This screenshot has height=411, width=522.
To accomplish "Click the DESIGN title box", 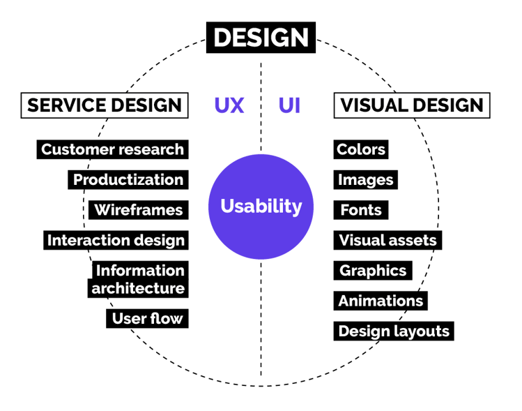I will [x=261, y=38].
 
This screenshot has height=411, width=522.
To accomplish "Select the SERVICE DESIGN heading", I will [x=105, y=105].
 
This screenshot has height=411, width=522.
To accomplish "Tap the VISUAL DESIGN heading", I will [x=412, y=105].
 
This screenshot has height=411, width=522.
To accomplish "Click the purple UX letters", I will [x=229, y=105].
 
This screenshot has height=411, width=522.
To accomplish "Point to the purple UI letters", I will [x=289, y=105].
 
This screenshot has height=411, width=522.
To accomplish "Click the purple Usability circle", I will [x=261, y=207].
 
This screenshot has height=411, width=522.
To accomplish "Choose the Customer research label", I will [x=112, y=149].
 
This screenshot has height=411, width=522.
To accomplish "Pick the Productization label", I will [x=128, y=180].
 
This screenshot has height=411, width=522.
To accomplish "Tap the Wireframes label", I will [x=138, y=210].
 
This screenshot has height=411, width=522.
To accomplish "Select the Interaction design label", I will [x=116, y=241].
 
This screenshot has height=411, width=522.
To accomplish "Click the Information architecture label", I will [x=139, y=279].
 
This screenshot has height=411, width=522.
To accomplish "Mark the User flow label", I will [x=148, y=319].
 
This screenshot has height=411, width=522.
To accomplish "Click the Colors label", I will [x=360, y=149].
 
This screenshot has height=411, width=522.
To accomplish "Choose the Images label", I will [x=365, y=180].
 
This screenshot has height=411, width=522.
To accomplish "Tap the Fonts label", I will [x=360, y=210].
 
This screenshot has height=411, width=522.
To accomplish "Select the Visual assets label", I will [x=387, y=241].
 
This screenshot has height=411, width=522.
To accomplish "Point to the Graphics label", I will [x=372, y=271].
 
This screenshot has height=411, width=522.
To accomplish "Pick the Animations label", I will [x=381, y=301].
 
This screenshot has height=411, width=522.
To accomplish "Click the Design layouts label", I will [x=394, y=331].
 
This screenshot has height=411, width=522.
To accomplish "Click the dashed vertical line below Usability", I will [x=261, y=321].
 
